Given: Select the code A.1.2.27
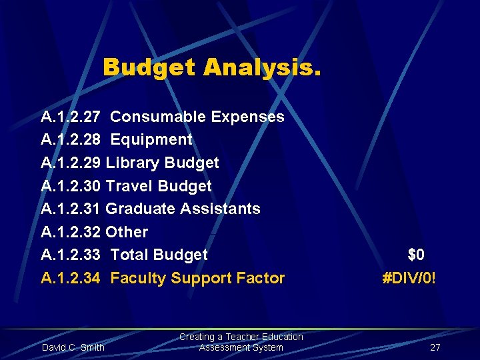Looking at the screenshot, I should (71, 117).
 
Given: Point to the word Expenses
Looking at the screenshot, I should (247, 117).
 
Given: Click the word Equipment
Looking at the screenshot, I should (151, 140).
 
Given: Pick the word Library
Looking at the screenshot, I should (132, 163).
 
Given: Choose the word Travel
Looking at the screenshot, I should (127, 186).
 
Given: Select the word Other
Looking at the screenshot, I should (127, 233).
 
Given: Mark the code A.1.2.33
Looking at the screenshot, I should (71, 255).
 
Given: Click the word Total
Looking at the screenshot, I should (129, 255).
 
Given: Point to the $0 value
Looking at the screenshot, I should (416, 255).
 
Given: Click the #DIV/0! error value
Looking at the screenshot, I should (409, 279).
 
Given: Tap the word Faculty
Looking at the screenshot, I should (138, 279).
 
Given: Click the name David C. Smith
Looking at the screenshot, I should (73, 347).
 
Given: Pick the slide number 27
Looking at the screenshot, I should (435, 347).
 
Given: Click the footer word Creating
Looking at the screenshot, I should (197, 337).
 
